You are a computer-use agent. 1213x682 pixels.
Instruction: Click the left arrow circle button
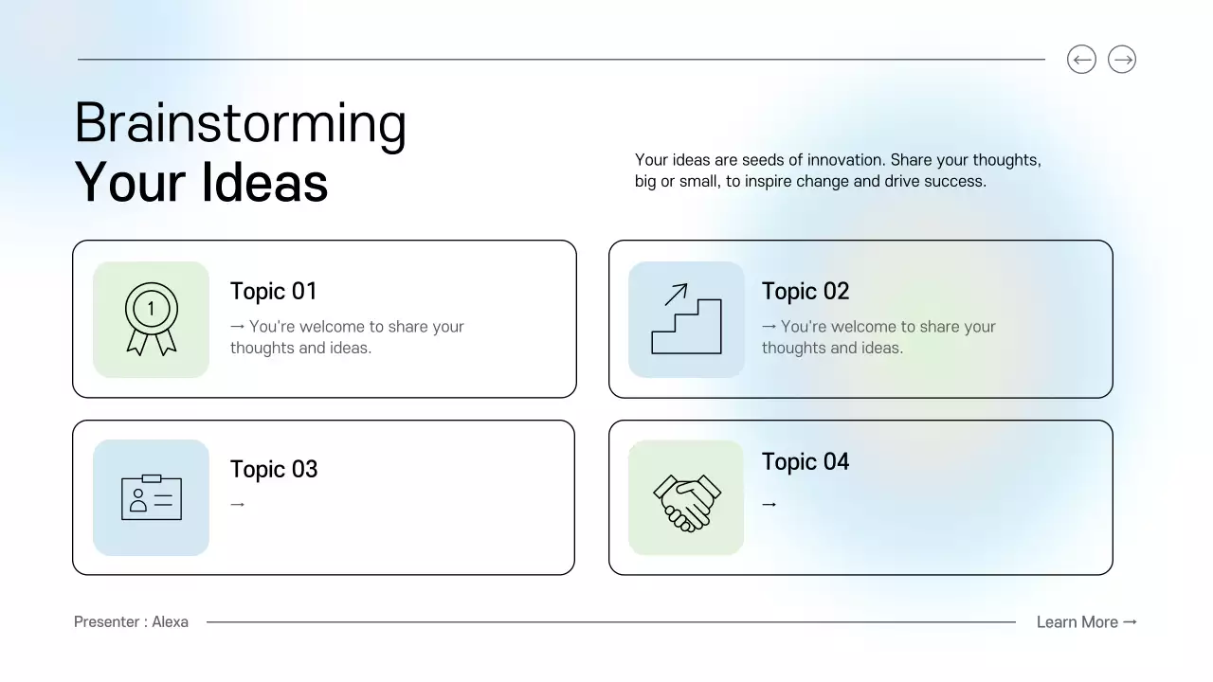point(1081,60)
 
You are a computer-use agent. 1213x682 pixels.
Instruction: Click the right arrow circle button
point(1122,60)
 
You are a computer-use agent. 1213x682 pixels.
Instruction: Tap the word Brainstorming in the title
point(241,124)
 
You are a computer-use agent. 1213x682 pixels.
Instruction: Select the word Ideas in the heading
point(264,182)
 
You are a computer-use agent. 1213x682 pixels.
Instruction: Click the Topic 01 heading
point(273,291)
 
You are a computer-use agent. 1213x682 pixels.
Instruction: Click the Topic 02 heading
point(806,291)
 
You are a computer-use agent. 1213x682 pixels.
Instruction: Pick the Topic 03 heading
point(274,469)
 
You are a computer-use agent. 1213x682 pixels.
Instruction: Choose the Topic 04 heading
point(806,461)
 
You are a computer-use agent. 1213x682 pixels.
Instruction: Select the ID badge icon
point(152,497)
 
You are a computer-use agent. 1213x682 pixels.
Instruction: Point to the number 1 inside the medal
point(151,307)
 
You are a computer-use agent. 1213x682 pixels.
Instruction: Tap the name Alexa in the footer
point(171,622)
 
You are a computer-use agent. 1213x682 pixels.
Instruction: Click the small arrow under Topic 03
point(238,505)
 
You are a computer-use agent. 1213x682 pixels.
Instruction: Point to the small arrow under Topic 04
point(769,505)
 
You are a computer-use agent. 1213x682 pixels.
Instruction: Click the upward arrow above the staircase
point(676,295)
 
